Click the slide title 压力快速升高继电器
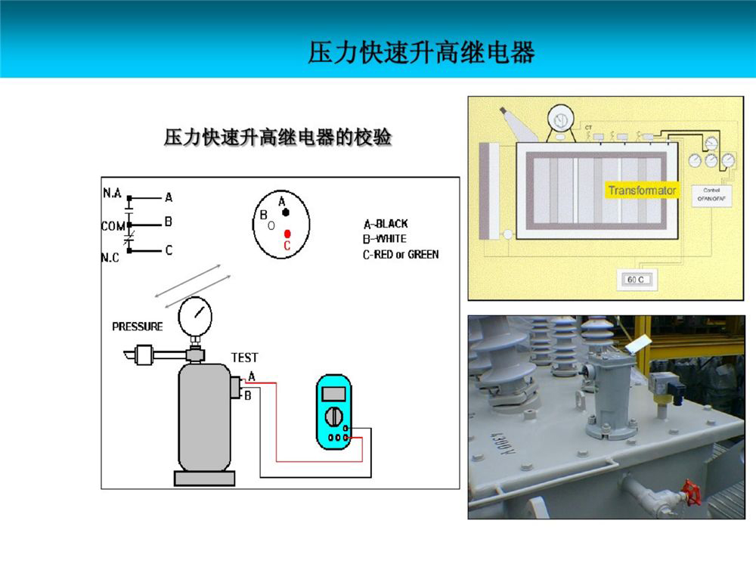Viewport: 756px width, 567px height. (x=421, y=53)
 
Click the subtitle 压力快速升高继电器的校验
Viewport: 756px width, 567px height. (x=277, y=138)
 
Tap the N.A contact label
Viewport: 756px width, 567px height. (x=112, y=194)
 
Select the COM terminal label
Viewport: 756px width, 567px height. (x=113, y=225)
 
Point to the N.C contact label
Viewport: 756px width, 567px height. (x=111, y=257)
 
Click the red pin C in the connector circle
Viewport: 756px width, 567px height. (x=287, y=234)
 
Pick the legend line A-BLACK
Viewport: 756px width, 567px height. (x=386, y=224)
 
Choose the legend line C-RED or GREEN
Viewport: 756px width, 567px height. (x=401, y=255)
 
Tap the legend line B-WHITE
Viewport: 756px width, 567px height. (x=385, y=239)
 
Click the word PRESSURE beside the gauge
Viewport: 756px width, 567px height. (x=137, y=327)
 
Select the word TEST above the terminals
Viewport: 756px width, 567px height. (x=244, y=358)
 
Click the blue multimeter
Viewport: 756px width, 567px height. (x=334, y=412)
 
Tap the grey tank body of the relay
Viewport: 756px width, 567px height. (x=203, y=416)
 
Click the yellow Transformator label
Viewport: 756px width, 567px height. (x=642, y=191)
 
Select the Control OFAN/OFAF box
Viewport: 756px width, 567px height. (x=711, y=194)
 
